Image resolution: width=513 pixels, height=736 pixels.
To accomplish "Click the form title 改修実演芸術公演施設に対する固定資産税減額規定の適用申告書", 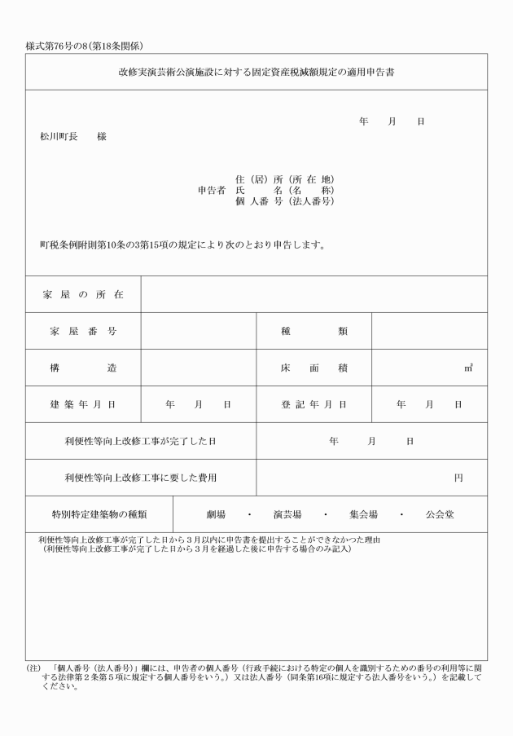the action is point(256,72).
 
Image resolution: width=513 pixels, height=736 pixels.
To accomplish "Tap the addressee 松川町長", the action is point(57,137).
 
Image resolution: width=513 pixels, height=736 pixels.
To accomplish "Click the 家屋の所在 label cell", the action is point(83,293).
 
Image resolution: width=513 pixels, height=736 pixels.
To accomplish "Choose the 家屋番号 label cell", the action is point(83,331).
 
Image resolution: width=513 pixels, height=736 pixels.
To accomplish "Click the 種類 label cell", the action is point(314,331).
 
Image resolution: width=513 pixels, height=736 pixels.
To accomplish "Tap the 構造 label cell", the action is point(83,368).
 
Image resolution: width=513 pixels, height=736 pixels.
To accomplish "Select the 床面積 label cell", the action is point(314,368).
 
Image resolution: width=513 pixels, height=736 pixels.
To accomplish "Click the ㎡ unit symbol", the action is point(469,368).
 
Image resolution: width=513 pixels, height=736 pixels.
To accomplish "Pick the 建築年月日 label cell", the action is point(83,404).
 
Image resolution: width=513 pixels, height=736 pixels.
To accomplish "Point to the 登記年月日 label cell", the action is point(314,404).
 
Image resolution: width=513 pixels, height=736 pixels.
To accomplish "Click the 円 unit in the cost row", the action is point(458,478).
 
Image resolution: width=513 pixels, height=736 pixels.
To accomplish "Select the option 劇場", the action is point(216,515).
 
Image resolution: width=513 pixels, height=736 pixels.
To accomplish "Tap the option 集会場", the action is point(363,515).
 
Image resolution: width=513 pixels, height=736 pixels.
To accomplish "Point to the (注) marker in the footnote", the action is point(33,668).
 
